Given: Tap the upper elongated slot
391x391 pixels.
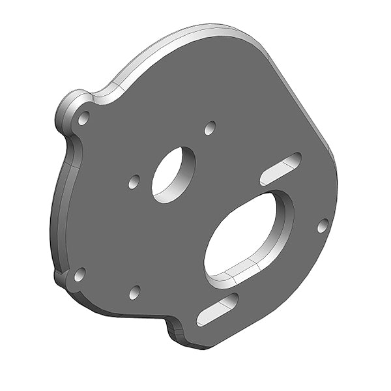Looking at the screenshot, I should (x=281, y=169).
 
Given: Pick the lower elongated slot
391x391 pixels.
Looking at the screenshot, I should (x=218, y=310).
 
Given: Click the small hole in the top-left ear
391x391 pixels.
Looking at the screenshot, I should (x=83, y=118).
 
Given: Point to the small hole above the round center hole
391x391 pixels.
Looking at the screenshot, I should (x=209, y=128).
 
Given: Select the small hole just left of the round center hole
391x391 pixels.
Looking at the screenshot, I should (x=134, y=181).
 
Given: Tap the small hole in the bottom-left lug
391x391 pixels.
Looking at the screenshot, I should (x=80, y=274).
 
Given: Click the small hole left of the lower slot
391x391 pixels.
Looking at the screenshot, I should (x=134, y=292).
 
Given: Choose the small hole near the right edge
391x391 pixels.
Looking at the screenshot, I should (x=323, y=225).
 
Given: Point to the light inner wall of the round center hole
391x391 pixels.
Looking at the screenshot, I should (x=185, y=172).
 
